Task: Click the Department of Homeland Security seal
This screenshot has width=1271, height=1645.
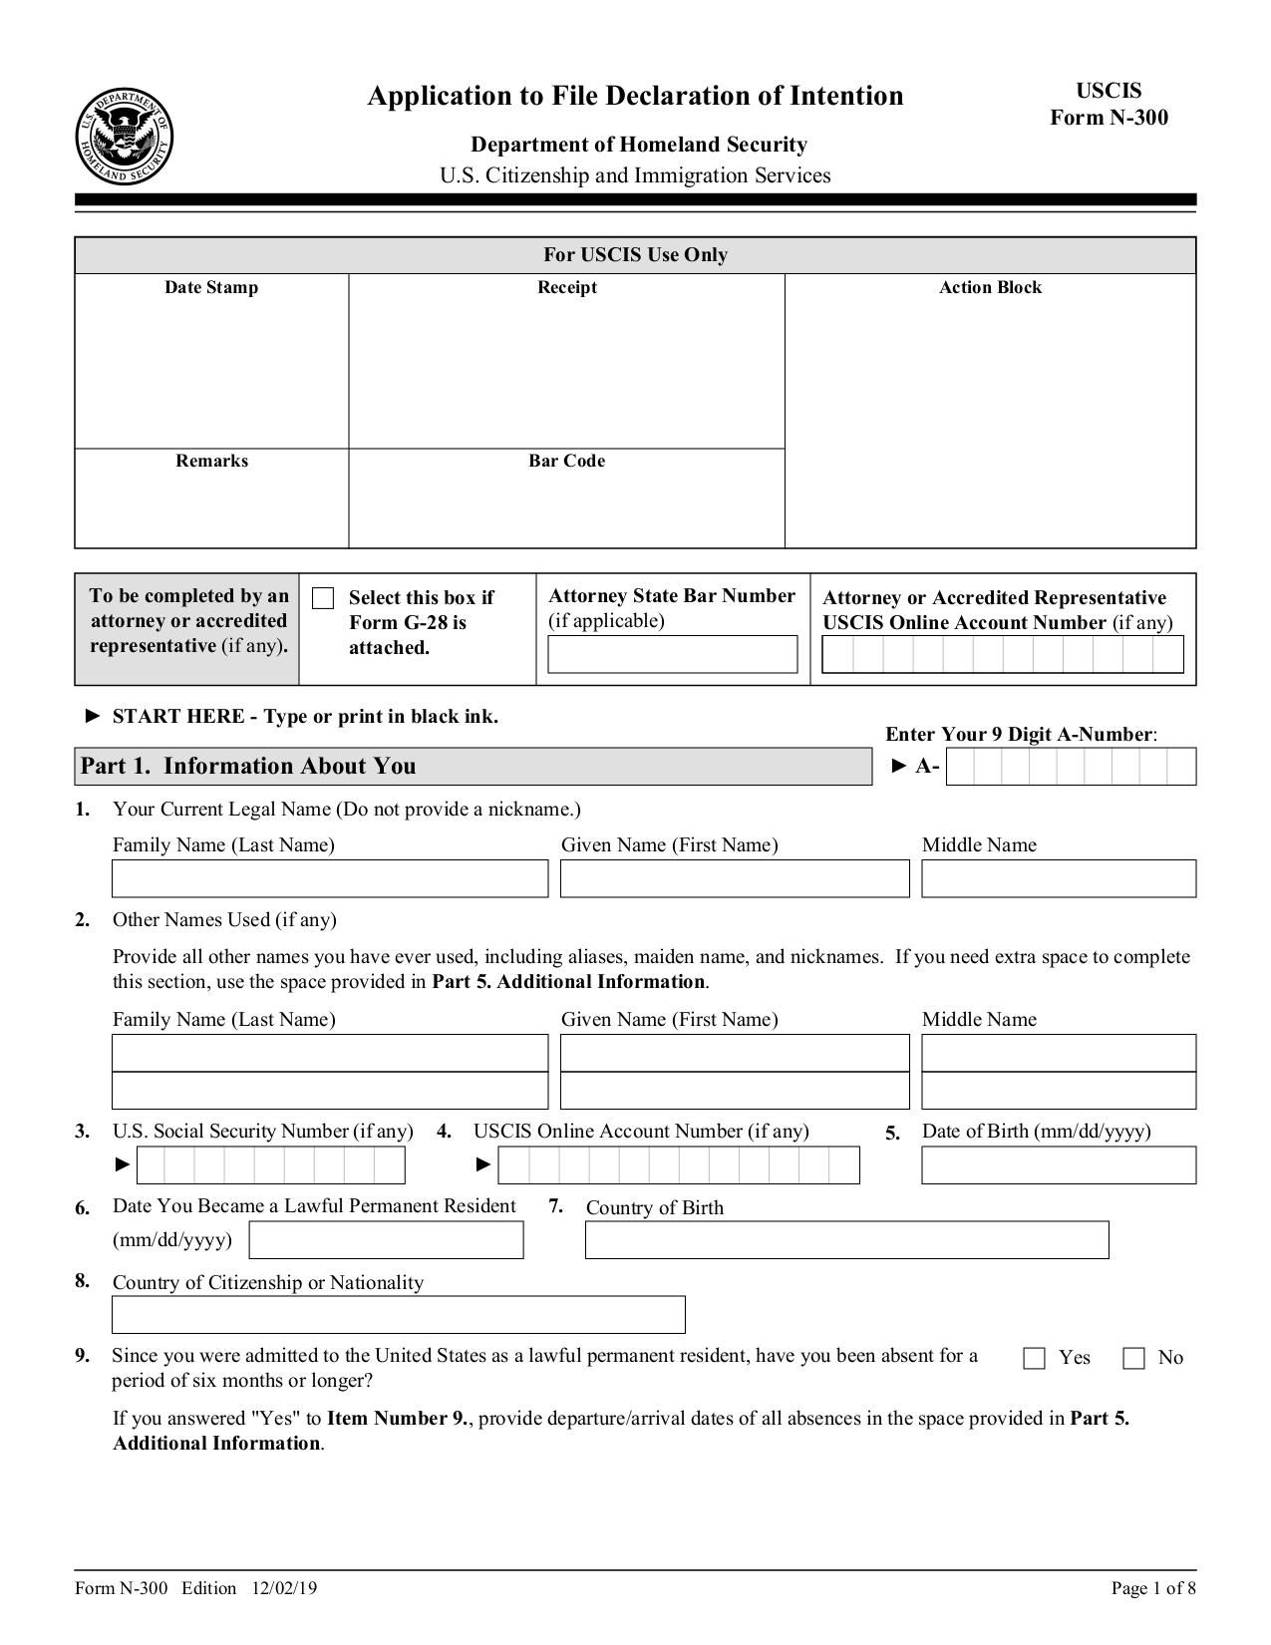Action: tap(125, 136)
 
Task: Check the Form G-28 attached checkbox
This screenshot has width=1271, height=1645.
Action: tap(323, 598)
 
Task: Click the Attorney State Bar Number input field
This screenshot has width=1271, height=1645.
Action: tap(672, 655)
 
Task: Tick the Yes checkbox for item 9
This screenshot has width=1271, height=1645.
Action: tap(1035, 1358)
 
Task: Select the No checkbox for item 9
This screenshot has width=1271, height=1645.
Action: tap(1133, 1358)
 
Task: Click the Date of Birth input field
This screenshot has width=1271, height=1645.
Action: tap(1058, 1165)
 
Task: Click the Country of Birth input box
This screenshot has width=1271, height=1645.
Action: tap(846, 1239)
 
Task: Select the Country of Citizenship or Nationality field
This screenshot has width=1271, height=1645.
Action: tap(398, 1315)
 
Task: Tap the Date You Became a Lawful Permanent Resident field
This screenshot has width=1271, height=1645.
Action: tap(386, 1239)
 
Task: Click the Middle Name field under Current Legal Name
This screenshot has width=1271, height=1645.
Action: tap(1058, 878)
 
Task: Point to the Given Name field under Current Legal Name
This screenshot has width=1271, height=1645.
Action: tap(735, 878)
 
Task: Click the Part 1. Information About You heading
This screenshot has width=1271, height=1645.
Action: tap(248, 766)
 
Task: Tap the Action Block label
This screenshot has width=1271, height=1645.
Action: tap(990, 287)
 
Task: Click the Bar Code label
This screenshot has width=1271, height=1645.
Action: tap(566, 461)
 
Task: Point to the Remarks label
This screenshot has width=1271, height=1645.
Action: tap(211, 461)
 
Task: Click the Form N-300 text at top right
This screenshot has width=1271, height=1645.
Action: tap(1109, 118)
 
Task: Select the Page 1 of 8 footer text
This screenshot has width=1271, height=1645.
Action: tap(1153, 1588)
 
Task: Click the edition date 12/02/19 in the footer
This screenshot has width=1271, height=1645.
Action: tap(285, 1588)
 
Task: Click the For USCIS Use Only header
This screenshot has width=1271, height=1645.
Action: tap(635, 254)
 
